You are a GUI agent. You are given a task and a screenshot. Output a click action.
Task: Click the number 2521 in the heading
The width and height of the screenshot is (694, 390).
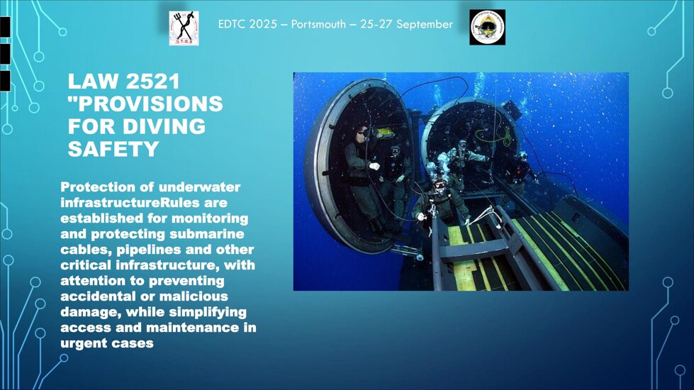point(152,82)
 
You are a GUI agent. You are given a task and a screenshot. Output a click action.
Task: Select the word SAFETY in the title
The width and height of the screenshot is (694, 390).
point(113,149)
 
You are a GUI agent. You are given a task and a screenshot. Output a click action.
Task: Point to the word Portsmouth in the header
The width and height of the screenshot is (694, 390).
point(318,24)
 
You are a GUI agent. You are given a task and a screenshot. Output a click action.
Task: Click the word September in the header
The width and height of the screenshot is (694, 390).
point(425,24)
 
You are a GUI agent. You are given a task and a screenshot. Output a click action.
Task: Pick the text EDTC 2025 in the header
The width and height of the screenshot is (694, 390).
point(247,24)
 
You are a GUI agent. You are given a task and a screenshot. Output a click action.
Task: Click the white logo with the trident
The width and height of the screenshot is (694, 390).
point(184,28)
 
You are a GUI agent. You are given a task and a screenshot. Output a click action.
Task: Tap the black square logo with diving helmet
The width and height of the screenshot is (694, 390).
point(487,28)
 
